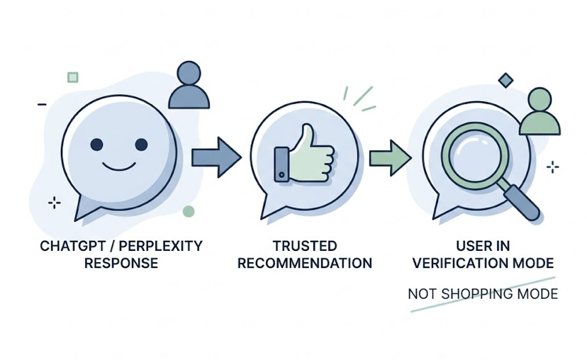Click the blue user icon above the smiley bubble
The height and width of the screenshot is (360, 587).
[x=191, y=85]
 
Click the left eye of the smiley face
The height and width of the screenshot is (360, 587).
[x=97, y=145]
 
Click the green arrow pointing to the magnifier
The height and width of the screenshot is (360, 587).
[x=390, y=153]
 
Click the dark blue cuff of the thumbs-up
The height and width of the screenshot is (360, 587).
[x=281, y=163]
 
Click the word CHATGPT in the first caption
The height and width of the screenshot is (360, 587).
[x=67, y=246]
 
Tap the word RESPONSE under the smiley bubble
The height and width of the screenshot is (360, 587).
[x=121, y=264]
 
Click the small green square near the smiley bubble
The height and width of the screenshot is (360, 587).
[x=72, y=77]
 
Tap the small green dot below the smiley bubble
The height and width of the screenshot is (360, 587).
[x=188, y=211]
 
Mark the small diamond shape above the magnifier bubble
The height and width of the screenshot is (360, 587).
[x=505, y=81]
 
